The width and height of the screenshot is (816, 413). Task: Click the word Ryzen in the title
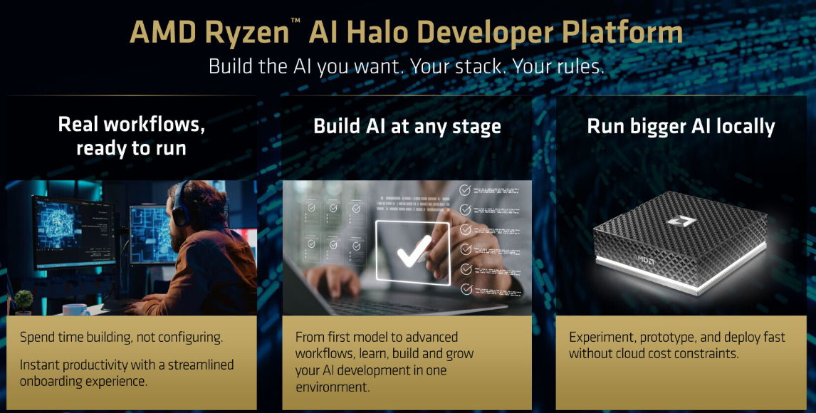pyautogui.click(x=246, y=32)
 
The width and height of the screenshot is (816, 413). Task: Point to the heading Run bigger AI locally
pyautogui.click(x=681, y=127)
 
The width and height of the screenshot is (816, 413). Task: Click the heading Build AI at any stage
pyautogui.click(x=407, y=127)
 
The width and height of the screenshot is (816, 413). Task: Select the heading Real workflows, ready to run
pyautogui.click(x=131, y=136)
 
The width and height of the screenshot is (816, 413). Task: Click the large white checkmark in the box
pyautogui.click(x=414, y=251)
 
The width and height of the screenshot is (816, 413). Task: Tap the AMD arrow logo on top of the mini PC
pyautogui.click(x=681, y=221)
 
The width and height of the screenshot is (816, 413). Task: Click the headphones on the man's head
pyautogui.click(x=180, y=206)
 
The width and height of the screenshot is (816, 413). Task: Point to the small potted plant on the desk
pyautogui.click(x=23, y=302)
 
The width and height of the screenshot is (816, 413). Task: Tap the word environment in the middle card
pyautogui.click(x=333, y=387)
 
